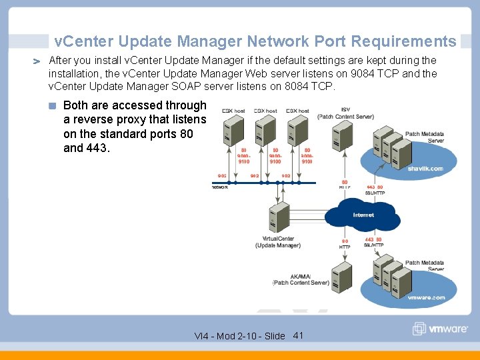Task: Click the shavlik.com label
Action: coord(425,169)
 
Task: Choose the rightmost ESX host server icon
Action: coord(297,130)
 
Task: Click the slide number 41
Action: coord(298,335)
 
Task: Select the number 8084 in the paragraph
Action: coord(297,87)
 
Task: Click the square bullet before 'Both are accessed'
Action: coord(53,105)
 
